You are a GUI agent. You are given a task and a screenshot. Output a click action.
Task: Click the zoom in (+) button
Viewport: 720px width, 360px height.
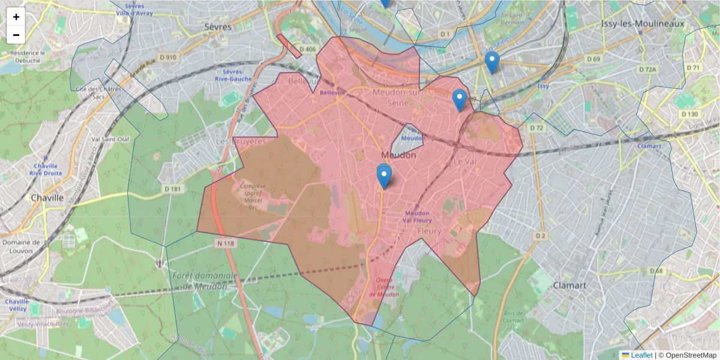click(16, 17)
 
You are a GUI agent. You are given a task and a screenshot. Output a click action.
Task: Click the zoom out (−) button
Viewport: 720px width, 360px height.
click(16, 35)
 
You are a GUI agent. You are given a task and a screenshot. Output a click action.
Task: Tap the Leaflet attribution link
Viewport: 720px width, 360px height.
click(641, 355)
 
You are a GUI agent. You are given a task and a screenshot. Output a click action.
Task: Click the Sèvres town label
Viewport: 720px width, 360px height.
click(217, 27)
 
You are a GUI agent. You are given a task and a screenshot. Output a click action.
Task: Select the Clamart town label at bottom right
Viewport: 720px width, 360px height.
click(569, 285)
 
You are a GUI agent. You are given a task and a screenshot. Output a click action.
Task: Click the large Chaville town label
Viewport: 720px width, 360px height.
click(47, 197)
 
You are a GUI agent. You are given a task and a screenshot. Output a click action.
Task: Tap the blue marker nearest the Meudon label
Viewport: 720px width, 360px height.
click(384, 176)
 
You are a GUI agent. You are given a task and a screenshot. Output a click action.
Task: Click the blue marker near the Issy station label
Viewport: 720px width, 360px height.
click(492, 62)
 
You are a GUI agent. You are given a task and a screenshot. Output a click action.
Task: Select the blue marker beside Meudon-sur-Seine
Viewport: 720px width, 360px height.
click(460, 100)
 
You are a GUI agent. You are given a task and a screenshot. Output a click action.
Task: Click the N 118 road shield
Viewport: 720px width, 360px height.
click(226, 243)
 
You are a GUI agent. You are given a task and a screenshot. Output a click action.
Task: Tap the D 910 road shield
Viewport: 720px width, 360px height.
click(168, 57)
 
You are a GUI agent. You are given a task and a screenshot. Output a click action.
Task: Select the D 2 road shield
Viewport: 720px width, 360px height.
click(541, 236)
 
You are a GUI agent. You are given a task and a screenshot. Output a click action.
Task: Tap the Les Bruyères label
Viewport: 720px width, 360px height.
click(241, 142)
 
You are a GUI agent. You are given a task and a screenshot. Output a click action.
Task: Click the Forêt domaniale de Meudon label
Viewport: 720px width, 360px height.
click(204, 281)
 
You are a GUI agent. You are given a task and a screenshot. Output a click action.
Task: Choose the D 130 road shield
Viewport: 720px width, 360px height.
click(689, 114)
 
